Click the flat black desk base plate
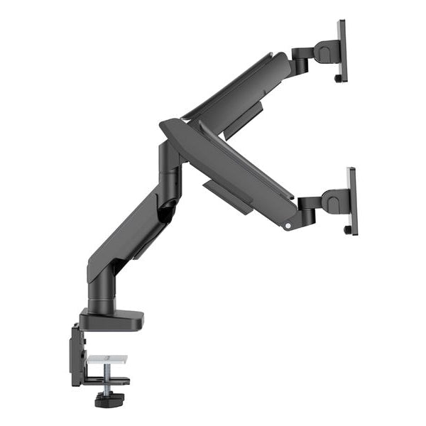coord(114,321)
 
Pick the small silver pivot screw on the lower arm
coord(288,227)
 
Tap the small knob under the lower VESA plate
coord(346,230)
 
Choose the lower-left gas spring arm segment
coord(128,234)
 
